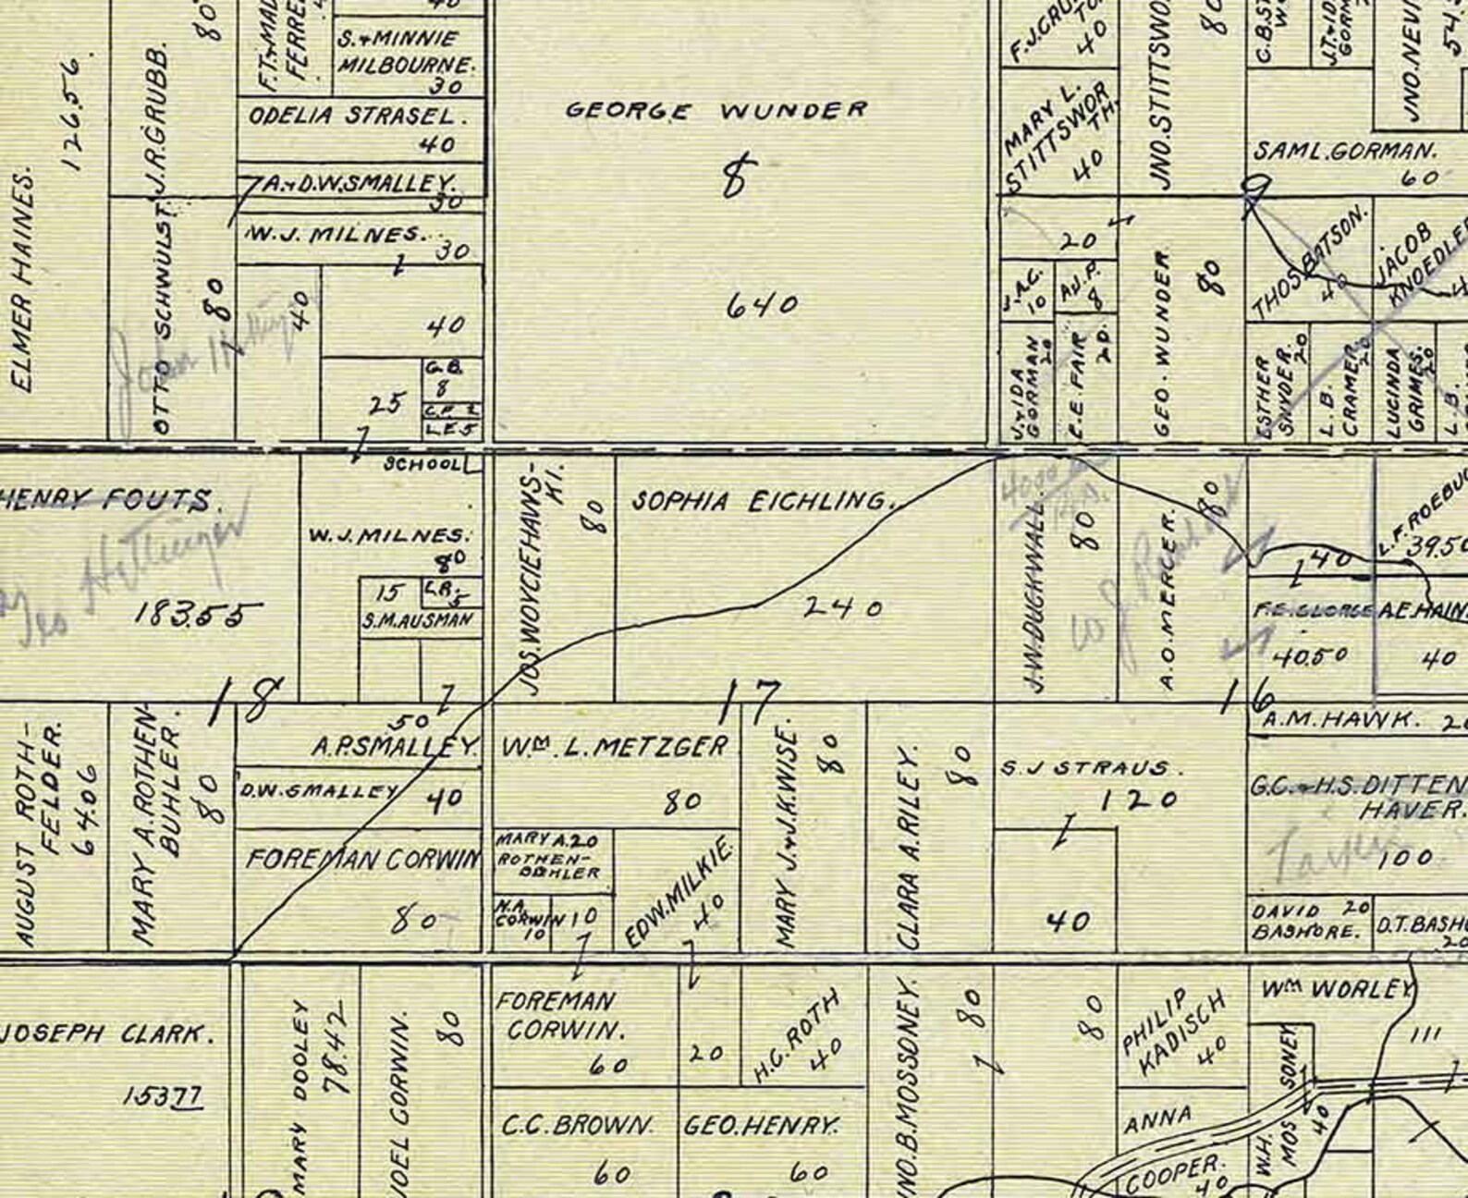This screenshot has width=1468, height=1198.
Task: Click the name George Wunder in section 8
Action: point(716,111)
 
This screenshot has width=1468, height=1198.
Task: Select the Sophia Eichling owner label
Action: point(760,502)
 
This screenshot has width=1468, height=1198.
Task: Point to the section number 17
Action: point(752,702)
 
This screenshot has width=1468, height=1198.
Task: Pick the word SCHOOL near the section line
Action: point(422,464)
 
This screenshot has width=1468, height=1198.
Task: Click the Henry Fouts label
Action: point(106,501)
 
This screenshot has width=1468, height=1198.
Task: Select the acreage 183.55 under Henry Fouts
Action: point(198,613)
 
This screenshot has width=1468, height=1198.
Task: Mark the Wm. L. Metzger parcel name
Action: point(615,746)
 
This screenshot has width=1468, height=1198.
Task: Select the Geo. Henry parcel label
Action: point(761,1126)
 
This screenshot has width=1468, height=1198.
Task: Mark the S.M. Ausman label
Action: point(419,620)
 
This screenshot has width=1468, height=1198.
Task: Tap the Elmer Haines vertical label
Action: point(22,280)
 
